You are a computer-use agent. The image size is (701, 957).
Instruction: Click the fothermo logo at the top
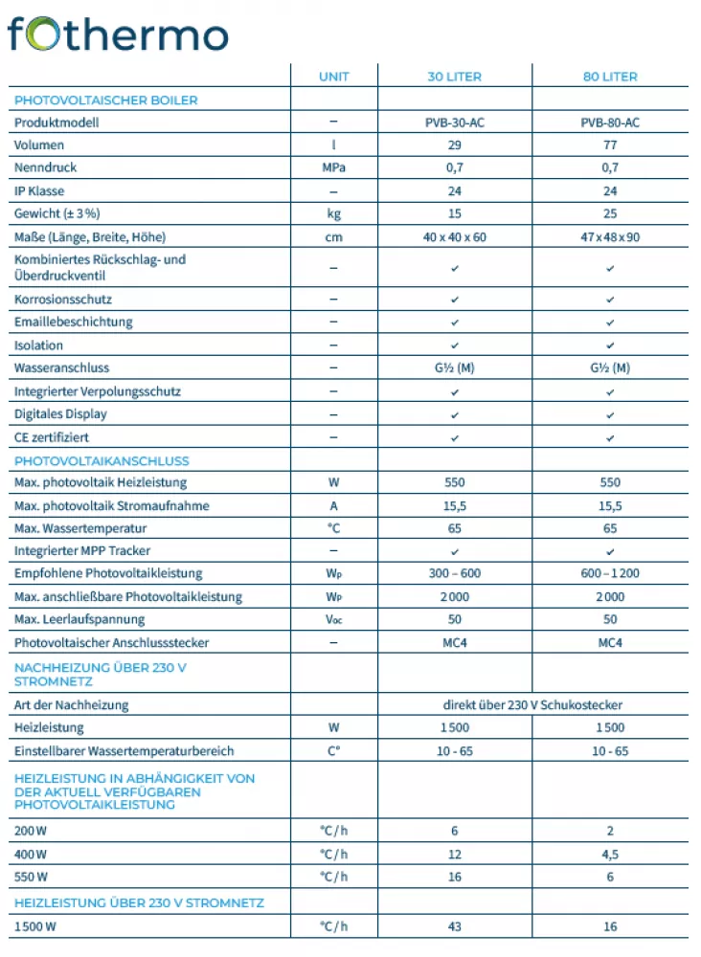click(117, 33)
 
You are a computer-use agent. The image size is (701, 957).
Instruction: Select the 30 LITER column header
click(454, 77)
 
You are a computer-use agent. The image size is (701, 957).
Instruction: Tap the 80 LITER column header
click(610, 77)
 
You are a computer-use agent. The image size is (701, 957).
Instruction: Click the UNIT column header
click(333, 77)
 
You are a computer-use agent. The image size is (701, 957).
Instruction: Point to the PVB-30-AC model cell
click(454, 122)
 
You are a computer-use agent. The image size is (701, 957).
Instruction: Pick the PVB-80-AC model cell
click(610, 122)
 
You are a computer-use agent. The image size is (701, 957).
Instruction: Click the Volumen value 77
click(610, 145)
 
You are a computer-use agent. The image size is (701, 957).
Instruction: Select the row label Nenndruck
click(45, 167)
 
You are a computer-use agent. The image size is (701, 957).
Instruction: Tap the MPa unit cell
click(333, 167)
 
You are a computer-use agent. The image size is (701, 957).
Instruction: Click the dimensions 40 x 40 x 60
click(454, 236)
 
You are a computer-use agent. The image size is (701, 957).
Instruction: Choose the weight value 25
click(610, 213)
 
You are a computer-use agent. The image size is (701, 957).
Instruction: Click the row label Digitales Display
click(60, 414)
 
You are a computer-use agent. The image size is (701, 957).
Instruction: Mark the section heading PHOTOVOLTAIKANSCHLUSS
click(102, 460)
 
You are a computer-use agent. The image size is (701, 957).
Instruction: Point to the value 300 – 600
click(454, 573)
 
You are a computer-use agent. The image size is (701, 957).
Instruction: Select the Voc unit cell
click(333, 620)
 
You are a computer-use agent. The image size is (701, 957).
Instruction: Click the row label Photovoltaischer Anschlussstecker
click(111, 643)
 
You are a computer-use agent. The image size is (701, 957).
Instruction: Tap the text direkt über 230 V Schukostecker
click(532, 705)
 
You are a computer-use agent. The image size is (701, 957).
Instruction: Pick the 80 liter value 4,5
click(610, 854)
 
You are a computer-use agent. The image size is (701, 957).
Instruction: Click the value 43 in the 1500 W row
click(454, 926)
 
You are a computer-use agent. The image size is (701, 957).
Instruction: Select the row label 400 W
click(31, 854)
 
